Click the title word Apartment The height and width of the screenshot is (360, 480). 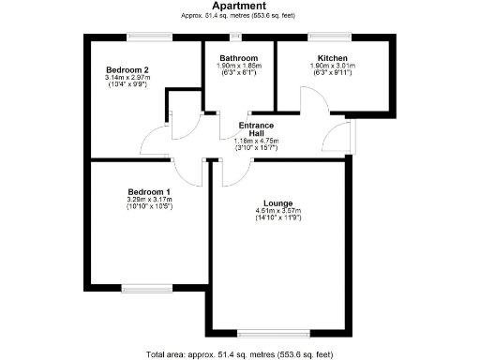pyautogui.click(x=238, y=6)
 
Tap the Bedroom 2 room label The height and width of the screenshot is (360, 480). pyautogui.click(x=128, y=70)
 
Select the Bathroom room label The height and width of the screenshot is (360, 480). pyautogui.click(x=238, y=57)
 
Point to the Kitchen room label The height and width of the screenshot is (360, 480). pyautogui.click(x=333, y=57)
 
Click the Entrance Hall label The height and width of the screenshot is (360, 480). pyautogui.click(x=256, y=128)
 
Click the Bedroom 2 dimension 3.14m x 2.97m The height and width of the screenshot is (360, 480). pyautogui.click(x=128, y=79)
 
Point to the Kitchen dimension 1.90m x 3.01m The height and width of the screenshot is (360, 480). pyautogui.click(x=333, y=66)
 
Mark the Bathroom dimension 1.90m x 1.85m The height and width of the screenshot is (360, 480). pyautogui.click(x=238, y=66)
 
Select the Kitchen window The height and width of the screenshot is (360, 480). pyautogui.click(x=333, y=37)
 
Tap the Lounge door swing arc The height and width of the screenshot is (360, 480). pyautogui.click(x=236, y=167)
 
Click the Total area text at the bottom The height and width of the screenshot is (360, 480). pyautogui.click(x=239, y=354)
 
